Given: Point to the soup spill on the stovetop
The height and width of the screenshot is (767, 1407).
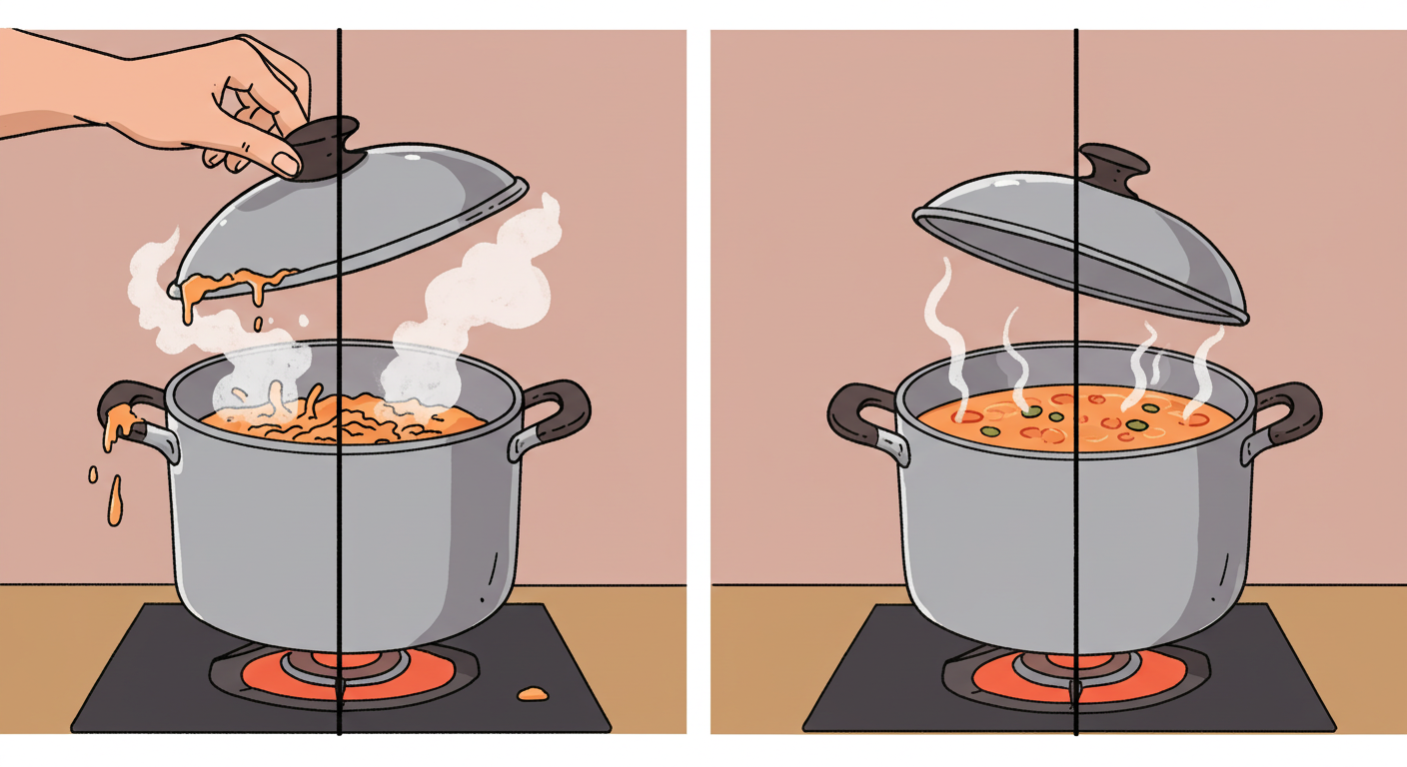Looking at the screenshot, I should point(532,692).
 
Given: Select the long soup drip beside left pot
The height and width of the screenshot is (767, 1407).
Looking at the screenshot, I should point(115,499).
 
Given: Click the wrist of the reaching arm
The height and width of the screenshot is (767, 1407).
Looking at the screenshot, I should point(110,100).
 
